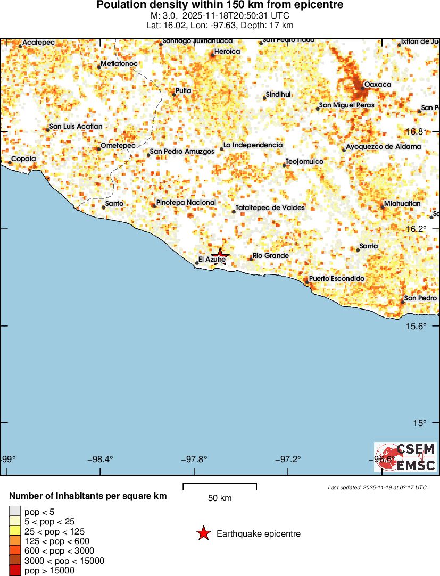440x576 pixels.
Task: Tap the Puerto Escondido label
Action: pos(337,279)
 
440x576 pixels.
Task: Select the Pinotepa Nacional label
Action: pos(186,203)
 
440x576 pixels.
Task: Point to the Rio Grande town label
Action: pos(271,256)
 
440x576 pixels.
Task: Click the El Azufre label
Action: pos(212,260)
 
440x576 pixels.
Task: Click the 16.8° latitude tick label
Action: pos(416,131)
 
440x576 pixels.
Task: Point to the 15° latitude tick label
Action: pos(419,423)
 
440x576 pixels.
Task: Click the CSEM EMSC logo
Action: pos(405,457)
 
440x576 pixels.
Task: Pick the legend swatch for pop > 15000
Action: pos(15,571)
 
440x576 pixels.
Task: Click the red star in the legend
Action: pos(203,533)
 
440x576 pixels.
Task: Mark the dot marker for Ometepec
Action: pos(99,149)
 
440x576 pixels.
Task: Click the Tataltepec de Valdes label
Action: pos(270,207)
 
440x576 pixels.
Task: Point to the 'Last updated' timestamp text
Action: pos(377,487)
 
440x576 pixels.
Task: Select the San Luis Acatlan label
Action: pos(76,127)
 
